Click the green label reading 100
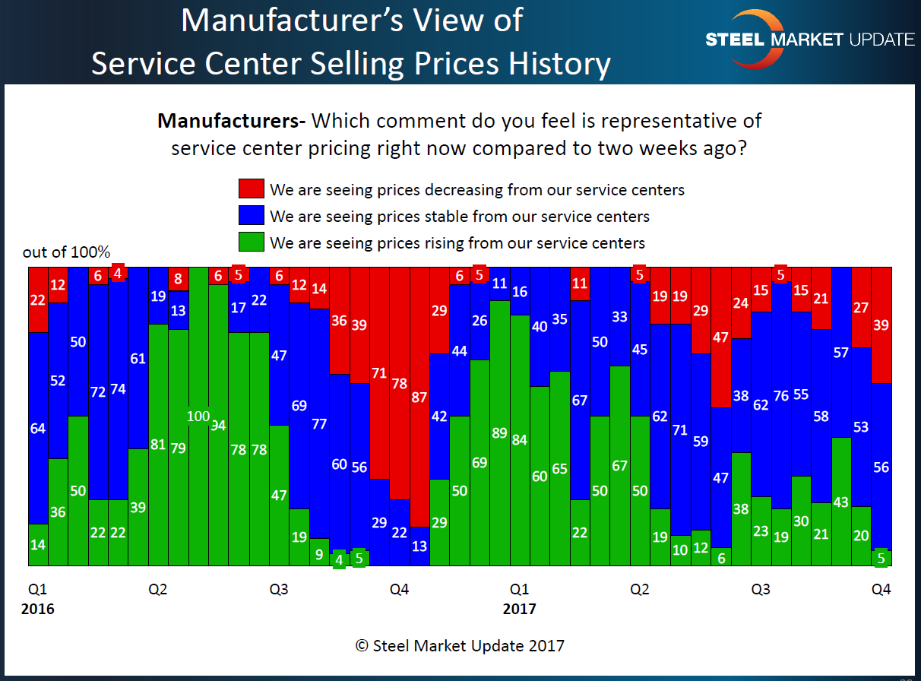(198, 416)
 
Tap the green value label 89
(499, 434)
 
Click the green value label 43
(841, 502)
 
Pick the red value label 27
(861, 308)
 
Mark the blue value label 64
(38, 429)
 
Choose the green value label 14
(38, 545)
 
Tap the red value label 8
(179, 278)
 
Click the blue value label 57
(841, 353)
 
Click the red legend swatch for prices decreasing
(251, 189)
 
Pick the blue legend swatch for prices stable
(251, 216)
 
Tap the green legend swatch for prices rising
(251, 242)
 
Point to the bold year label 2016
(38, 609)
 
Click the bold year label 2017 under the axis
(520, 609)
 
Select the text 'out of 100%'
(67, 252)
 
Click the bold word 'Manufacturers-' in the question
(231, 121)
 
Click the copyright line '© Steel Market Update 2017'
(460, 646)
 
